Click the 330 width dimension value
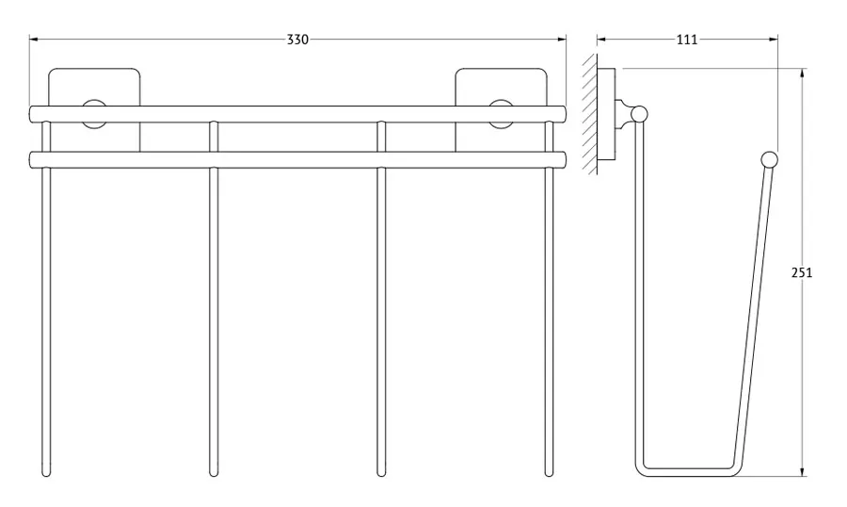[297, 40]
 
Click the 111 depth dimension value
[687, 40]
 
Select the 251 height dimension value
[802, 272]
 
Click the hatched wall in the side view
[590, 114]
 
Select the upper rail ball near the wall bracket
[640, 114]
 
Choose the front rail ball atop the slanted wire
[769, 159]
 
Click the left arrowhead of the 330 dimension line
[34, 39]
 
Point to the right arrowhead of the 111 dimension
[774, 39]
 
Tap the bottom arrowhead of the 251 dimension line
[802, 471]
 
